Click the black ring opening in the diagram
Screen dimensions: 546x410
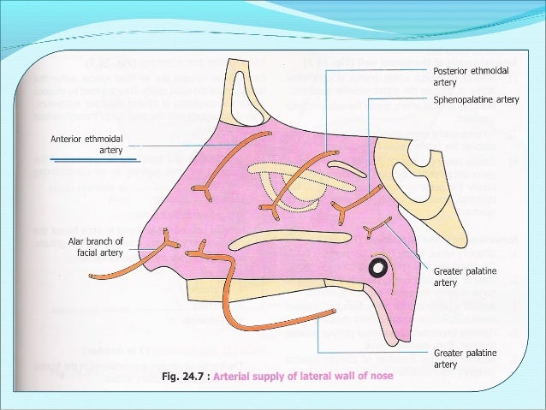pos(377,269)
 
